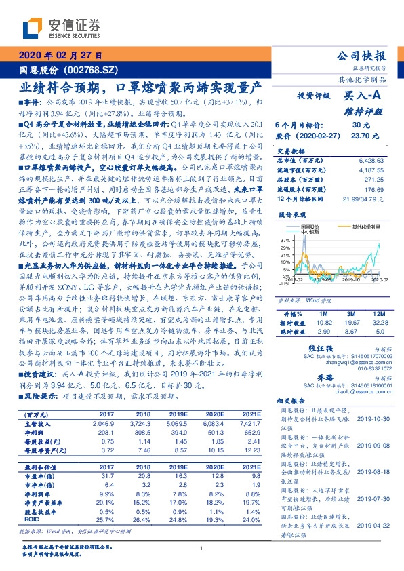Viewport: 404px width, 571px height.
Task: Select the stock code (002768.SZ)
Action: click(x=90, y=69)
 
